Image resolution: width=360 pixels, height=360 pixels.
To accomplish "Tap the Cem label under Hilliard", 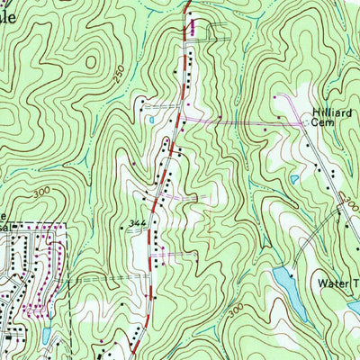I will (x=322, y=124).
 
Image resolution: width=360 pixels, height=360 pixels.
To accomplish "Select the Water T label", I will (x=337, y=282).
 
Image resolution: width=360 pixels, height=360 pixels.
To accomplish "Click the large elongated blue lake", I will (x=285, y=283).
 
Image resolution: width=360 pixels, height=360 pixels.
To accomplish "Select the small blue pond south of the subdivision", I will (x=44, y=336).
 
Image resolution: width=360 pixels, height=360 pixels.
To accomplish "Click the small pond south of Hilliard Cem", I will (x=293, y=179).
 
